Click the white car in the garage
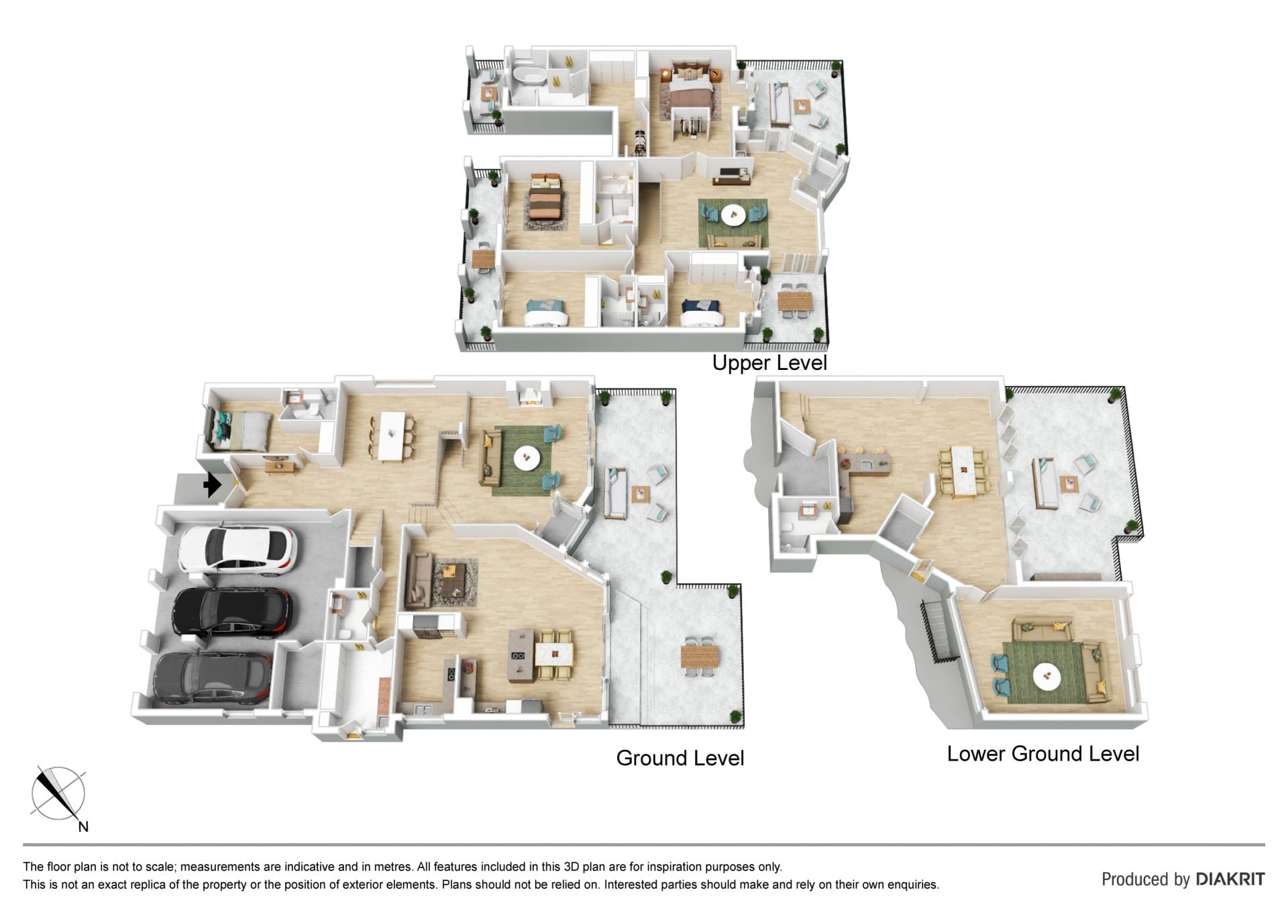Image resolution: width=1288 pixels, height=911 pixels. pos(237,551)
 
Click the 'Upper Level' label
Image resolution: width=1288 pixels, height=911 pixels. pos(769,363)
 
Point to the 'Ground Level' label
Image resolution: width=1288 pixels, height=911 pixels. pos(680,758)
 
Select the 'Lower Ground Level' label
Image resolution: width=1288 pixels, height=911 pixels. pos(1043,754)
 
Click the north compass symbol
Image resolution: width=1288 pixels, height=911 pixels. pos(60,796)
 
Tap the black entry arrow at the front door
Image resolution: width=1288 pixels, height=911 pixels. pos(213,484)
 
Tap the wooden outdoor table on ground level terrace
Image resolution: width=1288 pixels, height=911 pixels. pos(700,655)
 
